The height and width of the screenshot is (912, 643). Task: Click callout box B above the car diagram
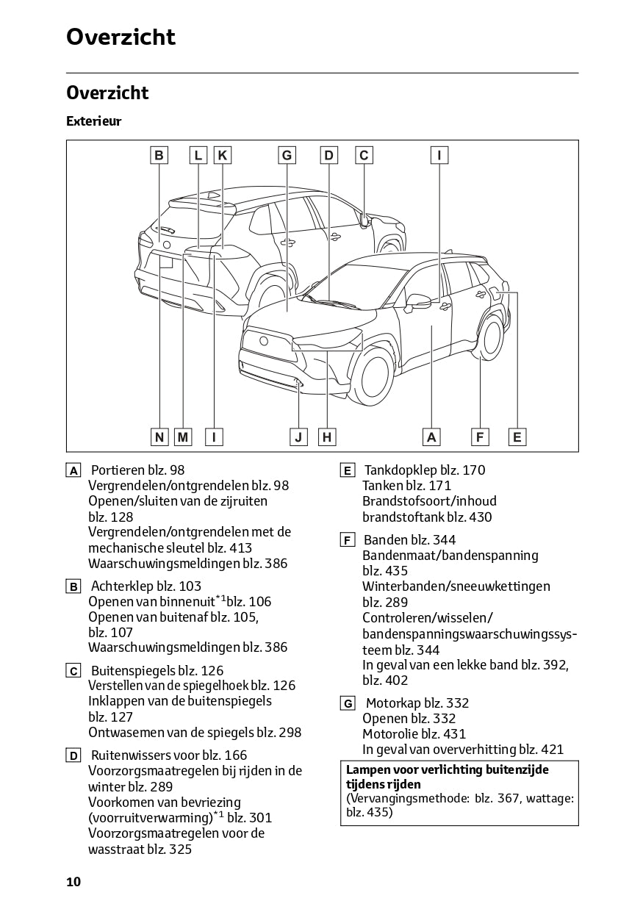[159, 155]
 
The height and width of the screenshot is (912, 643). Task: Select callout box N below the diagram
[159, 437]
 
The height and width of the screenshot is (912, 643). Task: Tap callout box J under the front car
[298, 437]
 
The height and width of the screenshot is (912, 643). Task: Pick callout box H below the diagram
[327, 437]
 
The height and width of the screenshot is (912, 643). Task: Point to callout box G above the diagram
[287, 155]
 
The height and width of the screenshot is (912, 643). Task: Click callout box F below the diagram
[480, 437]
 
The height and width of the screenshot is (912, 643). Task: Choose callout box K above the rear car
[222, 155]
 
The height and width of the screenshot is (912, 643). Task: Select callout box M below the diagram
[183, 437]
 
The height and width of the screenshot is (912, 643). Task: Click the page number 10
[73, 882]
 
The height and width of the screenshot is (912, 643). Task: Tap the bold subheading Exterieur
[93, 121]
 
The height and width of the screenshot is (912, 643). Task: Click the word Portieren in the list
[118, 470]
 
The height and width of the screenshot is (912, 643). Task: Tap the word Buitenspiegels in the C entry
[132, 671]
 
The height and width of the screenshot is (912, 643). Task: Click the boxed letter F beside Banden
[348, 541]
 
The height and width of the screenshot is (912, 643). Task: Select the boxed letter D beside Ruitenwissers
[73, 756]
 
